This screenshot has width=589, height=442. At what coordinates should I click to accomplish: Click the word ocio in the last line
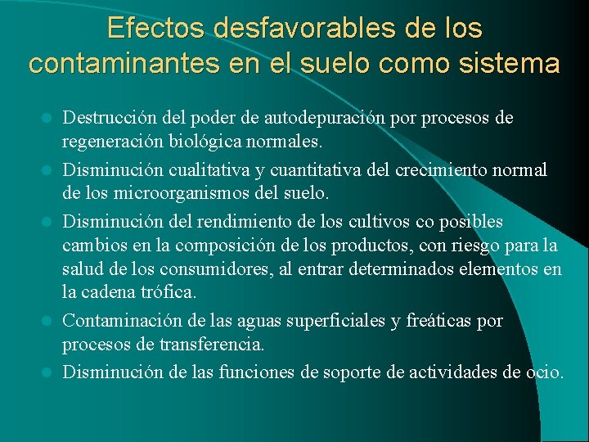[x=543, y=372]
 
